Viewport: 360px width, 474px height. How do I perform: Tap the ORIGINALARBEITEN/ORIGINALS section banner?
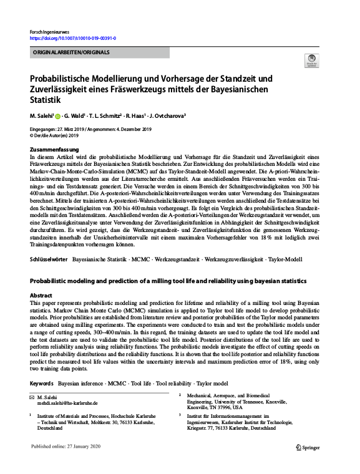click(69, 52)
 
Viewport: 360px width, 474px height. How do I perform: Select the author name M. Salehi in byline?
click(41, 116)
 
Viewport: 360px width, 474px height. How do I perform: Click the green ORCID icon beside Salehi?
click(58, 117)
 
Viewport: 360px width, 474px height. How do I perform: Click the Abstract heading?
click(41, 296)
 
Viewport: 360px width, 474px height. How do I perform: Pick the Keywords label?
click(42, 382)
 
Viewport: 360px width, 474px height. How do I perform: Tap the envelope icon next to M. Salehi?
click(32, 397)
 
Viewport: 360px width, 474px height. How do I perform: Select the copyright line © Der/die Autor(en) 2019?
click(55, 135)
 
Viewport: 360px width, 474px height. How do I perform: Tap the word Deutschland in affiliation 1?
click(50, 428)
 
